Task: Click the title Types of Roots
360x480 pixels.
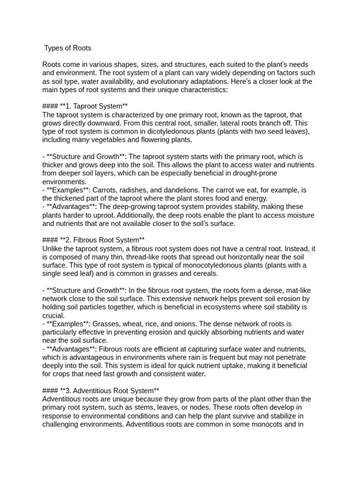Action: (67, 48)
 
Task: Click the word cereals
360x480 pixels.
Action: (204, 274)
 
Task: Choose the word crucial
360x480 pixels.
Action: (53, 315)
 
